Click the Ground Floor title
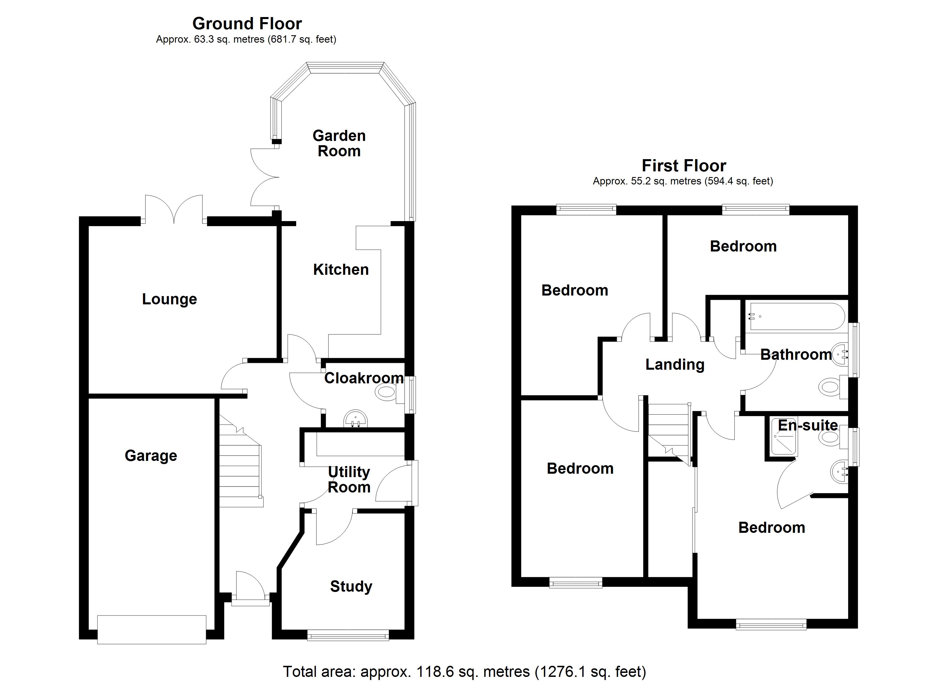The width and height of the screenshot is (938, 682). click(x=247, y=24)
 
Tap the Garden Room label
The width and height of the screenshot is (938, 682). click(x=339, y=143)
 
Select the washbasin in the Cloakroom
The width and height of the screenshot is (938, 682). click(x=355, y=419)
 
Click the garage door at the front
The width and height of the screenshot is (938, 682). click(x=152, y=629)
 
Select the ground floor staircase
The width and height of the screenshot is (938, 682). click(x=240, y=467)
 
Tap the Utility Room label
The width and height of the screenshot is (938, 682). click(x=349, y=479)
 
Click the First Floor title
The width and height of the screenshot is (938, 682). click(x=683, y=166)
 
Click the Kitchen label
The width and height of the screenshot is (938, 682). click(x=341, y=270)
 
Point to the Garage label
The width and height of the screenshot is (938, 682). click(x=151, y=456)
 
